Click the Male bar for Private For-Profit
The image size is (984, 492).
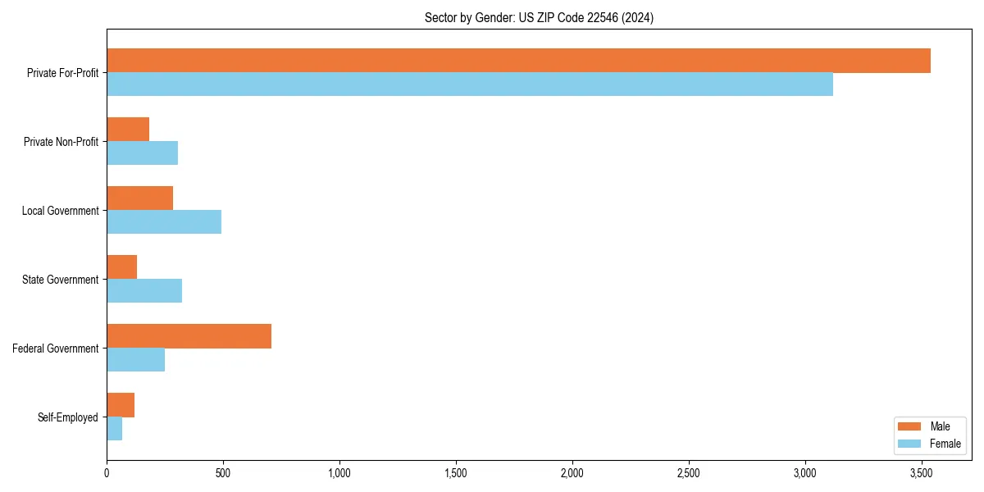tap(518, 61)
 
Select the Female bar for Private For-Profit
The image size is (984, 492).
tap(470, 84)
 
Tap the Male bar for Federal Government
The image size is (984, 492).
tap(189, 336)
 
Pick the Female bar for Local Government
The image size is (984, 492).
tap(164, 222)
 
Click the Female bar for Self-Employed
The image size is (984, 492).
tap(115, 429)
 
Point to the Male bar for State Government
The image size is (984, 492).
tap(122, 267)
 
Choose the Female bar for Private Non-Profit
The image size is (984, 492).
tap(143, 153)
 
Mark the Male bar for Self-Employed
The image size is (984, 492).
tap(121, 405)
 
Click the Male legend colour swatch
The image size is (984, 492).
tap(910, 426)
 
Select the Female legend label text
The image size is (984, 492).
tap(945, 444)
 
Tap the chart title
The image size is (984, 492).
tap(539, 17)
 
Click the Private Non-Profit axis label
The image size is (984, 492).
tap(61, 142)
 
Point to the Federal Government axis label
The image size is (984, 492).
tap(56, 348)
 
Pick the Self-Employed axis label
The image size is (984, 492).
tap(68, 417)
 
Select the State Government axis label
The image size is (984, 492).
tap(61, 280)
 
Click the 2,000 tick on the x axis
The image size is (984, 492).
tap(572, 473)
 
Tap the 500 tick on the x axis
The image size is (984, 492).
tap(223, 473)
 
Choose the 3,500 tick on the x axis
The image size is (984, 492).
tap(922, 473)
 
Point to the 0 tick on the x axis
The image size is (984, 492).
tap(107, 473)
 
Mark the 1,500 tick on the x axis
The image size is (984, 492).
tap(456, 473)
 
